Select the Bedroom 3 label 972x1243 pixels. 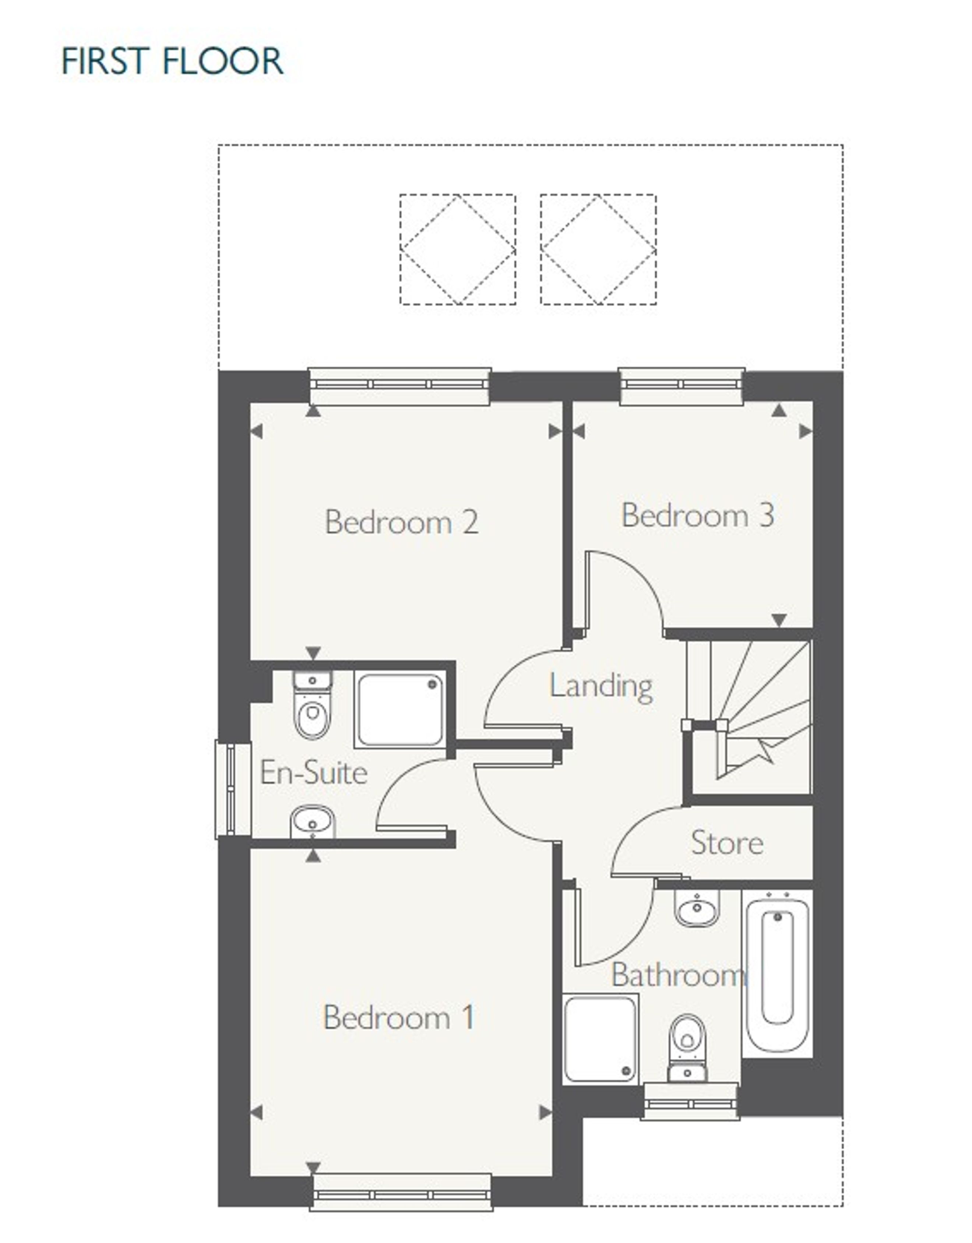[x=698, y=515]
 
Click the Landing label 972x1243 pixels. [x=601, y=686]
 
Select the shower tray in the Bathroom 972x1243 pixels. [x=601, y=1039]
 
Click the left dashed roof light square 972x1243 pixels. [x=458, y=249]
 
